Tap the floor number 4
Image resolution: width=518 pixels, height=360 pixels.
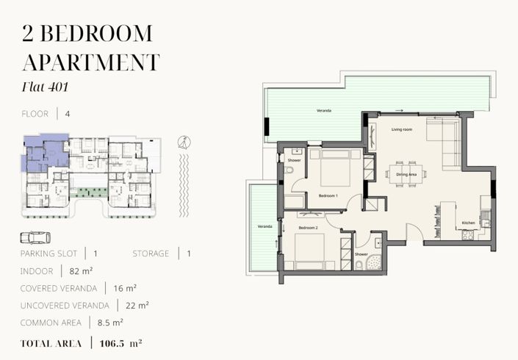(x=68, y=114)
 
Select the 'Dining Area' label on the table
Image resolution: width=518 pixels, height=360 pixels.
(x=406, y=174)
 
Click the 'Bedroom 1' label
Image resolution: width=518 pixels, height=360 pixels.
(x=328, y=196)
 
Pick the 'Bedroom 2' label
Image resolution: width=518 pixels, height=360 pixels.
(x=306, y=228)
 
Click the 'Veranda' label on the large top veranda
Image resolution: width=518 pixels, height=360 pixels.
(x=323, y=110)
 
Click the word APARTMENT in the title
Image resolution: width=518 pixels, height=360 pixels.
(x=90, y=62)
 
